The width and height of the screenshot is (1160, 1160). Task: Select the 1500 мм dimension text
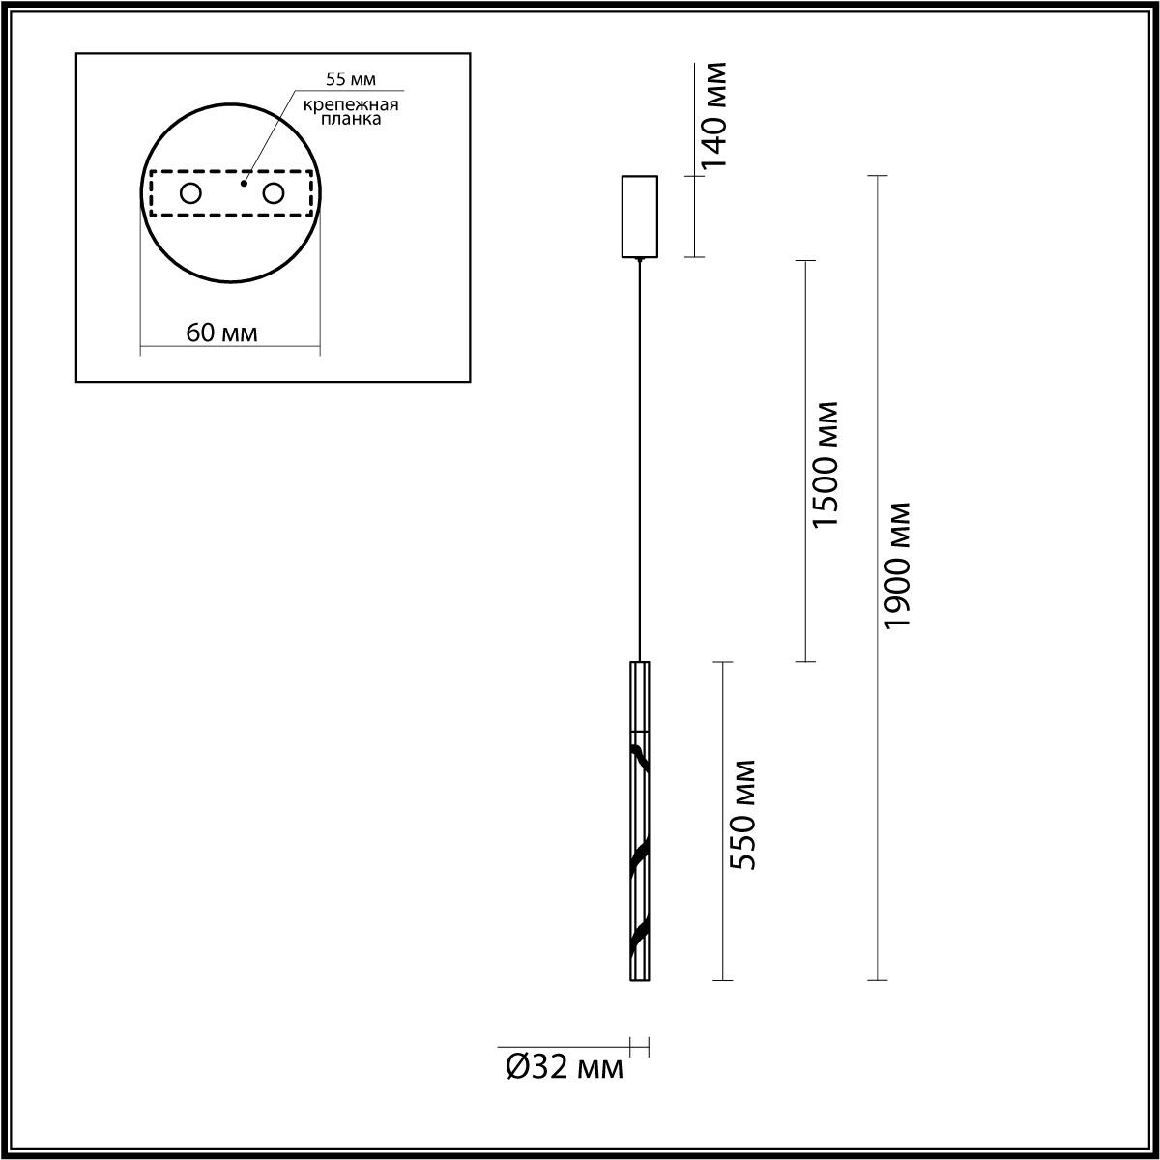[x=825, y=463]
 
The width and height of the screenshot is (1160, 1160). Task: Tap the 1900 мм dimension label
[x=898, y=565]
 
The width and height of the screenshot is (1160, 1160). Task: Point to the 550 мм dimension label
[x=742, y=815]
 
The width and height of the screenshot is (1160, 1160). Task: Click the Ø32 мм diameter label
[x=565, y=1068]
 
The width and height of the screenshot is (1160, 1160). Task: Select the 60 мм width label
[x=222, y=333]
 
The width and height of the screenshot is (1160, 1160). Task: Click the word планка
[x=349, y=120]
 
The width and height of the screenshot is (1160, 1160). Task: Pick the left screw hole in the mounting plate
[x=190, y=193]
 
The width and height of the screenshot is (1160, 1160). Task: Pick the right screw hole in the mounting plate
[x=274, y=193]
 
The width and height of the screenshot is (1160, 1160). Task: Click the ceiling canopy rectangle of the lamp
[x=639, y=217]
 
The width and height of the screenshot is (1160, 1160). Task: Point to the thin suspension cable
[x=639, y=454]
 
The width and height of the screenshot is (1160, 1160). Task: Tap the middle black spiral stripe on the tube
[x=639, y=856]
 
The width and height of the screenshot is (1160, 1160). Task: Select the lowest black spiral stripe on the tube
[x=639, y=935]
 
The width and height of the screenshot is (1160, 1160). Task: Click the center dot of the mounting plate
[x=244, y=183]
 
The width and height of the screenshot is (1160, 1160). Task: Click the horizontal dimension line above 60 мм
[x=230, y=347]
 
